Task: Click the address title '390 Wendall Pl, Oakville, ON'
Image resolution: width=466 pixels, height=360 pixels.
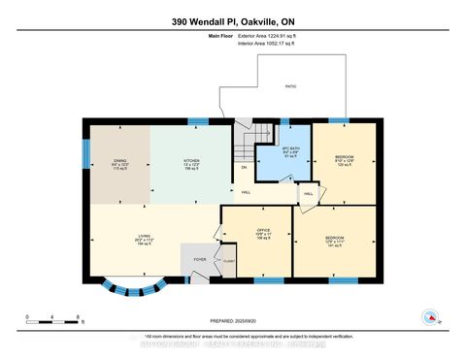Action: pos(233,21)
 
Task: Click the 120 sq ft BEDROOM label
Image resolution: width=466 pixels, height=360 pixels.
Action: pos(345,159)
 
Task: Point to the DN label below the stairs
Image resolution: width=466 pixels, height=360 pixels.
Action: pos(245,168)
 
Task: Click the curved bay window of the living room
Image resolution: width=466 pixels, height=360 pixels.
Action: pos(133,287)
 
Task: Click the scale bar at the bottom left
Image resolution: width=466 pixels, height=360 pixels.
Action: pos(52,317)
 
